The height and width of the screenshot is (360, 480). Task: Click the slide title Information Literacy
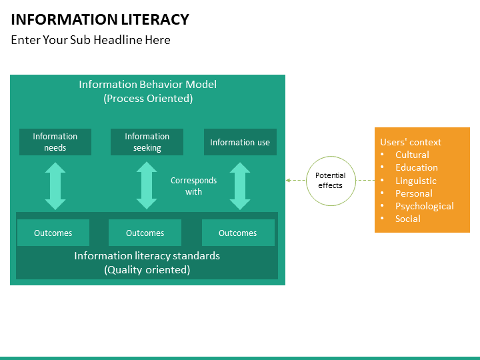pos(100,19)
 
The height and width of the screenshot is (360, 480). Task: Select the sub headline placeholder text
pos(91,40)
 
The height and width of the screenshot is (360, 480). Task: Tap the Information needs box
pos(55,142)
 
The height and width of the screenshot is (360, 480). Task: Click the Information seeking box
pos(147,142)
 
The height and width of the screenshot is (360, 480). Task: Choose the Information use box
pos(240,142)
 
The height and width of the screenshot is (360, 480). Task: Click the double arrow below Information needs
pos(55,186)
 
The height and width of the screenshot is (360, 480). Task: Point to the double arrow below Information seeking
pos(147,186)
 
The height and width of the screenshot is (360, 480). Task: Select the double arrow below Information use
pos(239,186)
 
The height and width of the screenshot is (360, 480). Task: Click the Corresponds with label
pos(193,186)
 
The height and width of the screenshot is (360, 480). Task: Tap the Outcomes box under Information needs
pos(53,233)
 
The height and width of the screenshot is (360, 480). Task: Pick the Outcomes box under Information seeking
pos(145,233)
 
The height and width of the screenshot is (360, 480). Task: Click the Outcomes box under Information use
pos(238,233)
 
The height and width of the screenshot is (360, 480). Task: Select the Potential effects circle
pos(330,180)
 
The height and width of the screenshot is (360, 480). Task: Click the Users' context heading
pos(411,142)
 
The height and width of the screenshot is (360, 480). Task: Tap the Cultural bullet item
pos(412,155)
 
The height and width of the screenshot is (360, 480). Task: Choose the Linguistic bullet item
pos(416,181)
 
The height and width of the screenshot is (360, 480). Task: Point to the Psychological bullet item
pos(424,206)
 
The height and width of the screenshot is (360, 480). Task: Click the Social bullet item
pos(408,219)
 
